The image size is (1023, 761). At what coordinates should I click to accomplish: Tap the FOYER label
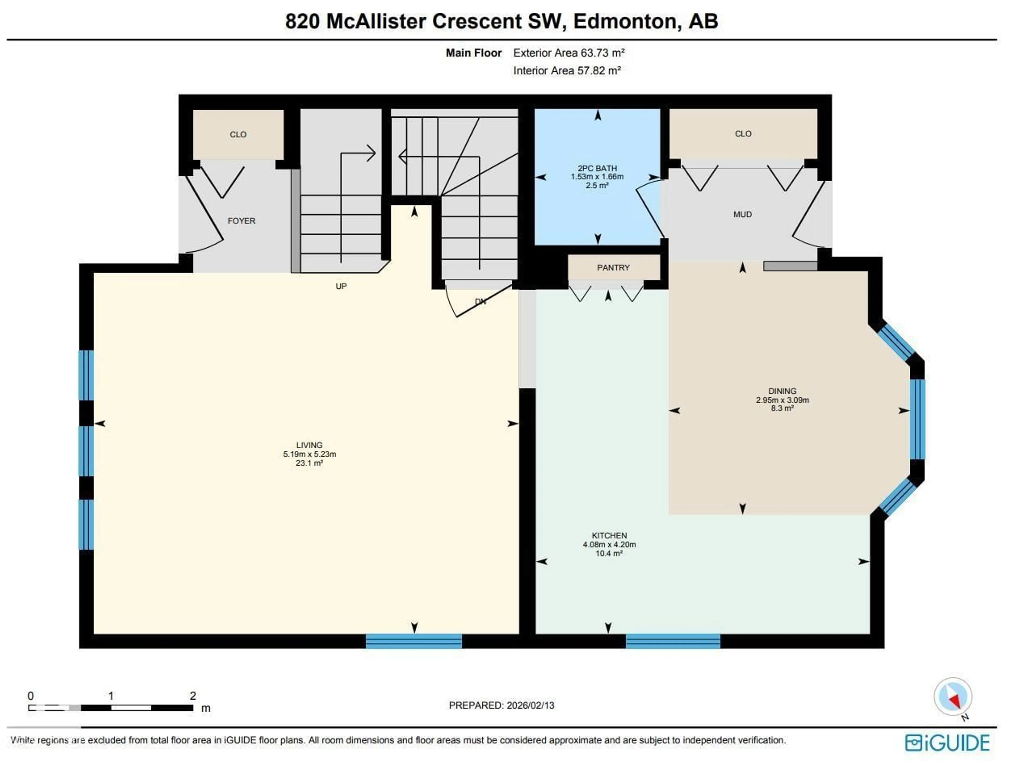[241, 221]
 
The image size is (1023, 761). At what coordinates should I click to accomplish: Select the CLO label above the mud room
[743, 134]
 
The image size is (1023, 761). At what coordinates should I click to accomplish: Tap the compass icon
[952, 697]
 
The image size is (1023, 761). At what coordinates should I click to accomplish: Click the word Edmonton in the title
[627, 21]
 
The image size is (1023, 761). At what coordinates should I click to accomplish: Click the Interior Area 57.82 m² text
[567, 71]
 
